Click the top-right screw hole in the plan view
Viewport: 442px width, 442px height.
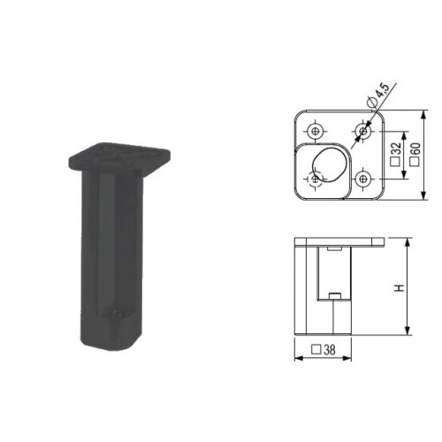362,131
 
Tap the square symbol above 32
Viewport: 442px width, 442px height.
395,161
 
